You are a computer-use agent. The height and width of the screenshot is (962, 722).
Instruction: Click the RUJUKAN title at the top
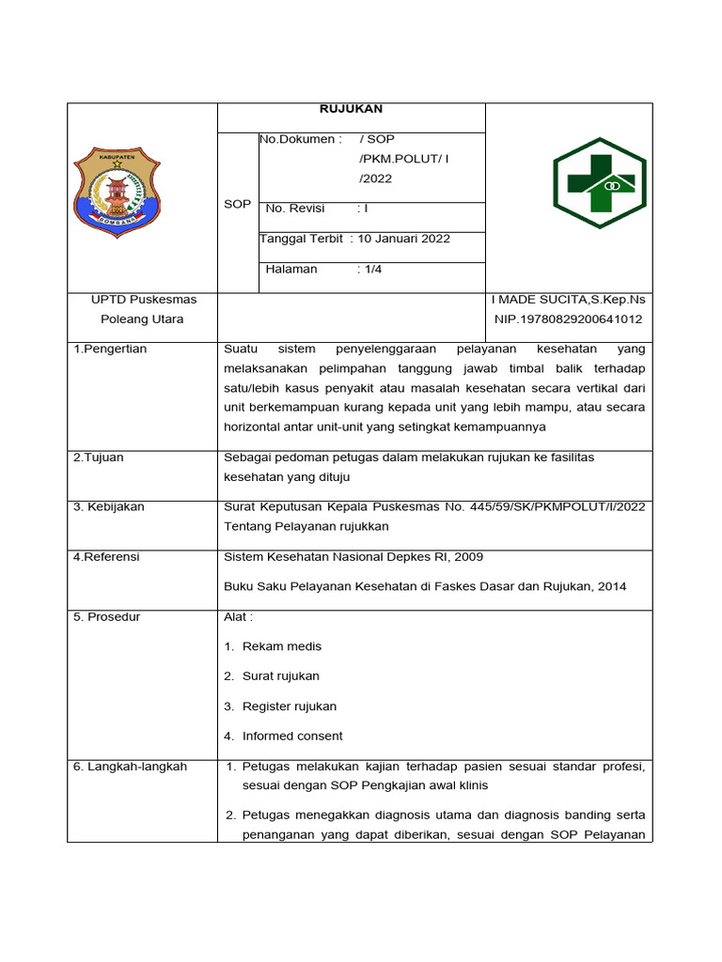[351, 109]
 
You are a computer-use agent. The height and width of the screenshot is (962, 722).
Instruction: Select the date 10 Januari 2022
[404, 239]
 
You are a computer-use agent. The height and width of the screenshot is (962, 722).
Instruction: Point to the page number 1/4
[373, 269]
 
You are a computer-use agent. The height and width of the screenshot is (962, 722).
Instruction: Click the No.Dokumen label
[300, 139]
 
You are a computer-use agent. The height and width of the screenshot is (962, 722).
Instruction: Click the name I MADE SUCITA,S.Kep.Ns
[568, 300]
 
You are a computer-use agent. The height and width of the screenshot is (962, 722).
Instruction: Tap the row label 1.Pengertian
[110, 349]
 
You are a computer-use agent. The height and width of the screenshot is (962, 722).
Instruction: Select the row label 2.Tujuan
[99, 458]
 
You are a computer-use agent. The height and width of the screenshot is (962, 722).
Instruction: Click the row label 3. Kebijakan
[109, 507]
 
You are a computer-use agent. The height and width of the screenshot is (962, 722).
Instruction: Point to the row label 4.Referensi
[106, 557]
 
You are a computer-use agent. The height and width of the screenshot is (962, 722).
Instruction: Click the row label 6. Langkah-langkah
[131, 767]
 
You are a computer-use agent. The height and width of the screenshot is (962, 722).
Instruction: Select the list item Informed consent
[292, 737]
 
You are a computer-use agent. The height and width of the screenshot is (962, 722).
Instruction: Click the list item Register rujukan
[289, 706]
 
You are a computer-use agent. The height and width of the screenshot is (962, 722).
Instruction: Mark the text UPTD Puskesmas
[143, 300]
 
